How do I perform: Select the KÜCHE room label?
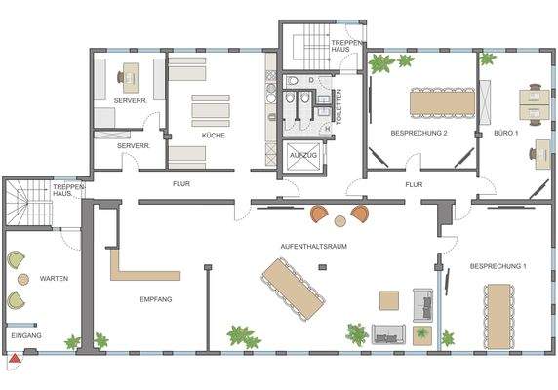coord(214,136)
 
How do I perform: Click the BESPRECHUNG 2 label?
coord(418,133)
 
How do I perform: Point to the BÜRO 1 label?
coord(505,133)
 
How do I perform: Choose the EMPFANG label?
coord(156,299)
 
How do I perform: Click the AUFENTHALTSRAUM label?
coord(313,246)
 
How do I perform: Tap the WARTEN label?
coord(53,279)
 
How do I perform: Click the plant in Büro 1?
coord(489,58)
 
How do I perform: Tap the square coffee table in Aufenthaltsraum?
coord(389,300)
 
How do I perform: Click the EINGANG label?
coord(26,336)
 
